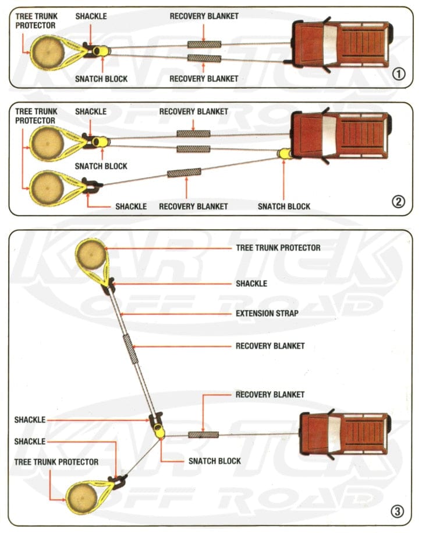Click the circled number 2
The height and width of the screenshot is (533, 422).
pos(398,202)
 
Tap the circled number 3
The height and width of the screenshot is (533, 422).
pos(397,512)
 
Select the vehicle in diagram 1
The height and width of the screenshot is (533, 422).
pos(341,43)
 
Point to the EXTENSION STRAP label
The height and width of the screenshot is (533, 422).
pos(267,313)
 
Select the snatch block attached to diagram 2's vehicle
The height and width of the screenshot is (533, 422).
pos(285,154)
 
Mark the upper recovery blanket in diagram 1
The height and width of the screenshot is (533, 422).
pos(204,44)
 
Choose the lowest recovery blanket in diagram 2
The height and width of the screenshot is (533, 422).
pos(184,173)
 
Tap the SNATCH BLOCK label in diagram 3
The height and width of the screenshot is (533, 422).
pos(215,461)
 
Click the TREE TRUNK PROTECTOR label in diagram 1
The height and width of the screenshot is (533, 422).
pos(36,21)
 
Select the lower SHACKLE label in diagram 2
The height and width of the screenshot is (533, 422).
pos(131,206)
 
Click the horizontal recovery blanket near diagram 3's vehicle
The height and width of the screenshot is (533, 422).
pos(203,434)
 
